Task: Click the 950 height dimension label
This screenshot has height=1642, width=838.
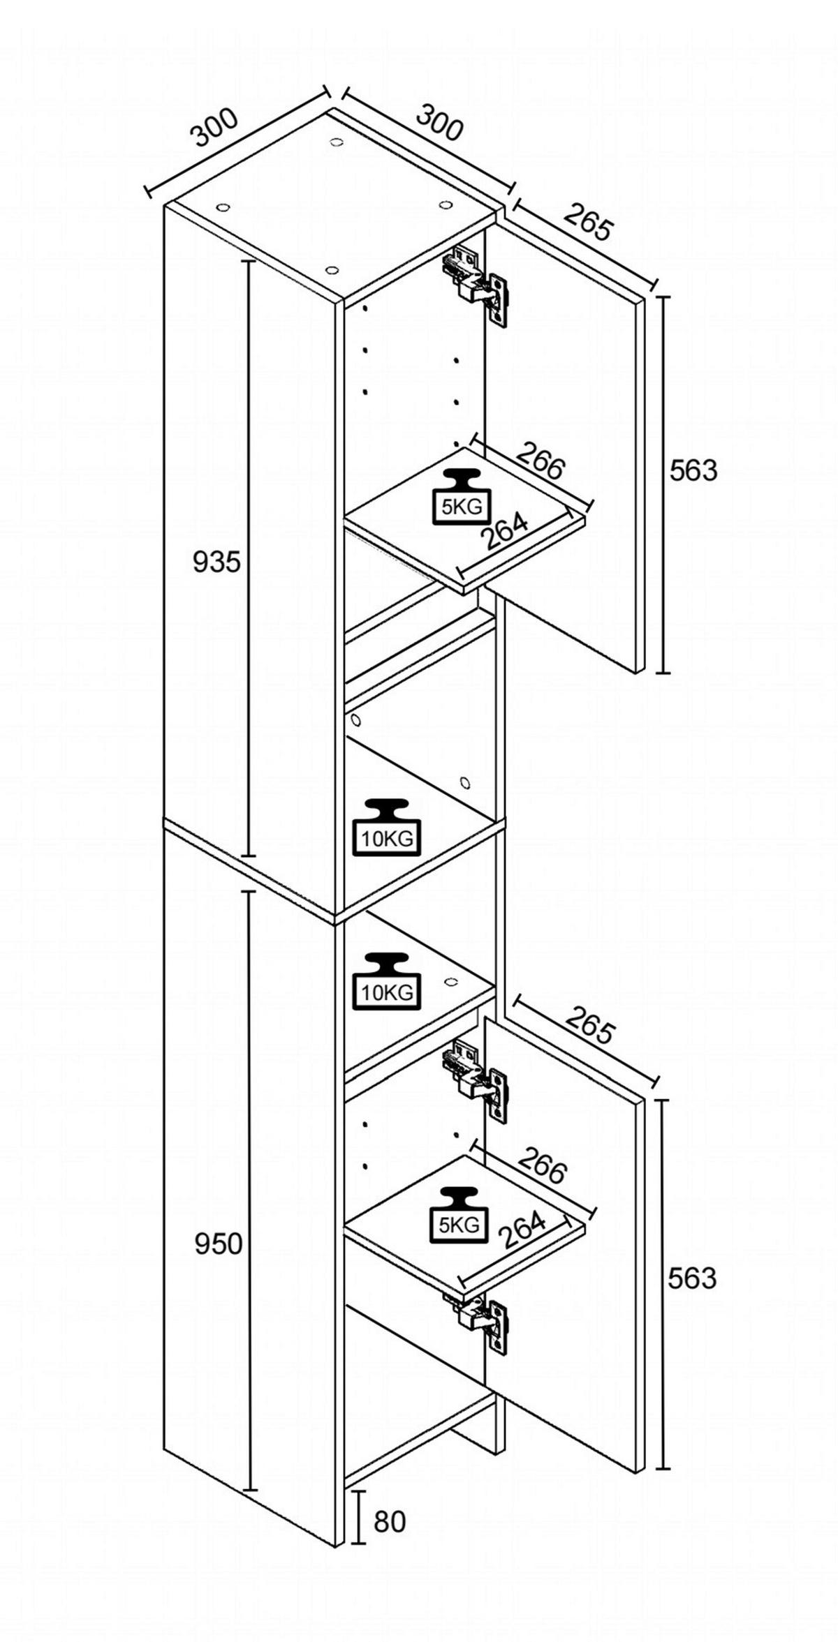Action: coord(218,1244)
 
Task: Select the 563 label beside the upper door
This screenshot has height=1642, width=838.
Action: coord(693,471)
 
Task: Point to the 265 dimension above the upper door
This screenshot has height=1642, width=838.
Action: coord(589,221)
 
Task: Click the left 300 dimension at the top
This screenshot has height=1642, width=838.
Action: coord(216,128)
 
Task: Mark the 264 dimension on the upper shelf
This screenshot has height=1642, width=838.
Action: coord(504,532)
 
